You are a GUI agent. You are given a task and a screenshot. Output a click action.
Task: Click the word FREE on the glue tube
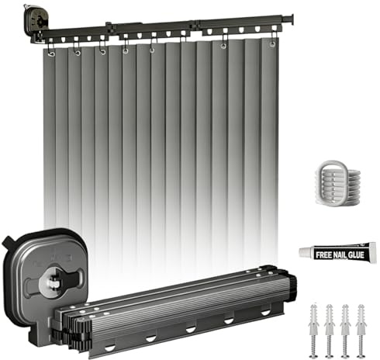point(323,255)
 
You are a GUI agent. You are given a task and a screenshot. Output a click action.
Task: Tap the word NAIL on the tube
point(340,255)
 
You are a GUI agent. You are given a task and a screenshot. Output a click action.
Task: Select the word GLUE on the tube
point(356,255)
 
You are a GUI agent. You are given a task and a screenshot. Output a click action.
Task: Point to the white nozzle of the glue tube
point(306,252)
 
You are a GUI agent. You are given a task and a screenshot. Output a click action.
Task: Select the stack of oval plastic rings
point(337,183)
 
